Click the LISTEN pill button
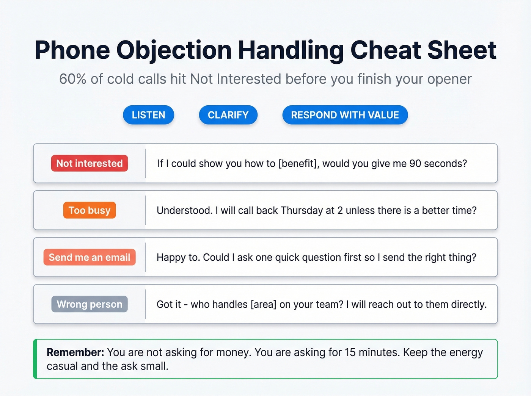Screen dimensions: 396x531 (148, 115)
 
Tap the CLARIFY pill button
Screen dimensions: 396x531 (228, 115)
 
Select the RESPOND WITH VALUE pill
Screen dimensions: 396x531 (345, 115)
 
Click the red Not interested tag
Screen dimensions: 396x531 (90, 163)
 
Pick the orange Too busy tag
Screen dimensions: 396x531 (90, 210)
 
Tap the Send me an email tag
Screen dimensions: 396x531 (90, 257)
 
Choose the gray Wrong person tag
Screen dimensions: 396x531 (90, 304)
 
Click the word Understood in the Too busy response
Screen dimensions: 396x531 (184, 210)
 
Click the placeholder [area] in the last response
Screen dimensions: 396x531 (264, 304)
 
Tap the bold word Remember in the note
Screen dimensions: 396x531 (75, 352)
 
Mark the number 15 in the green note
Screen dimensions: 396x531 (350, 352)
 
